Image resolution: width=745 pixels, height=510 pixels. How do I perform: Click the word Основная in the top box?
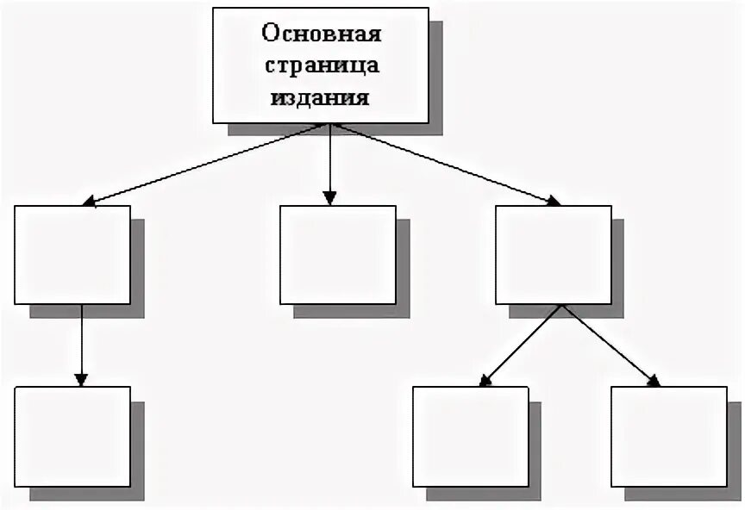321,35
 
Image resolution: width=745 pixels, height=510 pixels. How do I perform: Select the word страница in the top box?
321,66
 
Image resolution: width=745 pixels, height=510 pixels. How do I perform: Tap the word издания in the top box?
321,97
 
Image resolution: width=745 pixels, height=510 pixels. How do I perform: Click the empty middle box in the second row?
338,254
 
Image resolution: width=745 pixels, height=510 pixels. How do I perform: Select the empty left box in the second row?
72,254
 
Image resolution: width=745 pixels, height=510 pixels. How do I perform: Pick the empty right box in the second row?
554,254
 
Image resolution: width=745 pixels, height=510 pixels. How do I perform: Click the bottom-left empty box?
72,436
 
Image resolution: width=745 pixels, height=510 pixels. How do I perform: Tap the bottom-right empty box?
668,436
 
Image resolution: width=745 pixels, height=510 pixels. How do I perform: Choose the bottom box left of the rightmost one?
470,436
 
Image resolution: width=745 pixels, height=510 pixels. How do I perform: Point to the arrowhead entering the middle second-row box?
329,198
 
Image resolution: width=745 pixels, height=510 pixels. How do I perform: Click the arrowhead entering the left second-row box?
90,202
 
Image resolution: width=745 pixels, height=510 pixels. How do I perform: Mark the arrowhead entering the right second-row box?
552,201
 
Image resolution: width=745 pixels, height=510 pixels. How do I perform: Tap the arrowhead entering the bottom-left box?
81,379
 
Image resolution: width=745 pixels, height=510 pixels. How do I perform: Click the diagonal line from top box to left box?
207,164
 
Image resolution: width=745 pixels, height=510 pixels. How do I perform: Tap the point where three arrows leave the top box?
329,125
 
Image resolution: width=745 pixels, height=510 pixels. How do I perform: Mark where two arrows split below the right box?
562,305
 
